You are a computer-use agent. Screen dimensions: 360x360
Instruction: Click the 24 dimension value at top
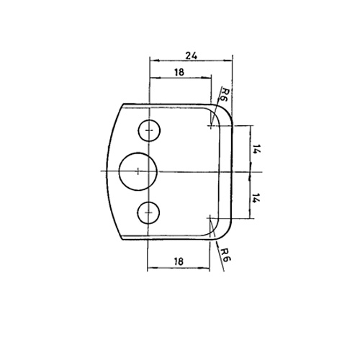(192, 56)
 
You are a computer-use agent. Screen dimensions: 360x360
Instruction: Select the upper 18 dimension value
(179, 72)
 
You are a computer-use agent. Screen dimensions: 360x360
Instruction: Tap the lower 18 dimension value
(179, 261)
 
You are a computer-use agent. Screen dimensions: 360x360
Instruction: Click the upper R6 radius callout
(224, 94)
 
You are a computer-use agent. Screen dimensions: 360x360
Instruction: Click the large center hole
(138, 171)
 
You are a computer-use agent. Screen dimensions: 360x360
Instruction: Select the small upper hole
(149, 130)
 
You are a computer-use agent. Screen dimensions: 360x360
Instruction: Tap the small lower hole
(148, 212)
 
